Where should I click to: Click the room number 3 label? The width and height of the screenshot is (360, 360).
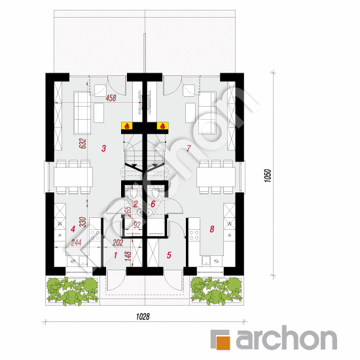(x=104, y=149)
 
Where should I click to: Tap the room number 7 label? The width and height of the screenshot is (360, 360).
(x=188, y=149)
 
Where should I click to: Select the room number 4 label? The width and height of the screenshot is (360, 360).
(x=73, y=229)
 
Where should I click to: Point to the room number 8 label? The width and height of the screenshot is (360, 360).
(x=212, y=229)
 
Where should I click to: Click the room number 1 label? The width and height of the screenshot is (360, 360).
(x=115, y=255)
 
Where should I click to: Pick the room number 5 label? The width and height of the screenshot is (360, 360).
(x=168, y=255)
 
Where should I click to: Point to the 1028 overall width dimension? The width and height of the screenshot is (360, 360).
(x=143, y=317)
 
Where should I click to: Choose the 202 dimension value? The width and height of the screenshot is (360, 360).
(x=118, y=242)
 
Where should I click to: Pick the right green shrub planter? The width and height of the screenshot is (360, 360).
(x=215, y=291)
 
